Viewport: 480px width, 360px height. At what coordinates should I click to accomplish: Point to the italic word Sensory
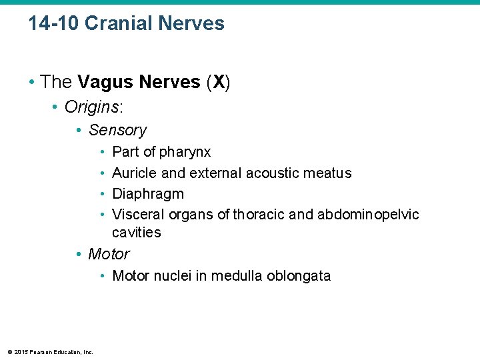click(x=117, y=130)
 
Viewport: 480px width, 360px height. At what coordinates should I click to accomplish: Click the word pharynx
click(x=185, y=152)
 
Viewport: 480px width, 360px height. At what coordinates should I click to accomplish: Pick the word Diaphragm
click(x=148, y=194)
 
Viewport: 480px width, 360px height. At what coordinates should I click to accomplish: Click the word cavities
click(x=137, y=233)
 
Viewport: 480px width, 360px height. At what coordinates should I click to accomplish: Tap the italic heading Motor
click(x=109, y=254)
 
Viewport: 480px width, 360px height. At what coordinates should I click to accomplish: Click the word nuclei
click(x=173, y=276)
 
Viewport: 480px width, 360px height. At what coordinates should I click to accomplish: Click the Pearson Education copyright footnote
click(x=49, y=352)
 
